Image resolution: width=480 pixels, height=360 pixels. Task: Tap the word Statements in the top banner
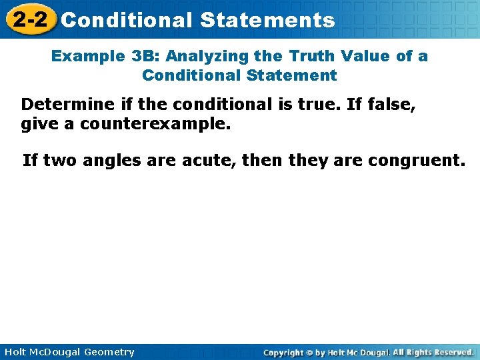(x=267, y=20)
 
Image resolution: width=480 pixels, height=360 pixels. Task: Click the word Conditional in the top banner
(x=127, y=20)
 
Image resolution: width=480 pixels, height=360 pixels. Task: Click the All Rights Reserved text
(x=433, y=352)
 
